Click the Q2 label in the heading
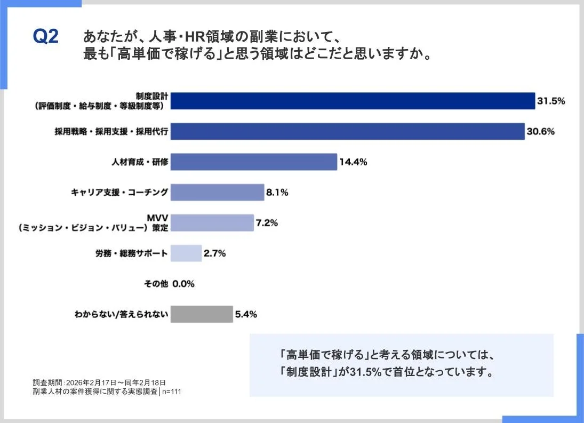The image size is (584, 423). (45, 37)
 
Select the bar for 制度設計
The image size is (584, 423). (353, 101)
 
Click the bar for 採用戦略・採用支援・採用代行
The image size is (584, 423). (347, 131)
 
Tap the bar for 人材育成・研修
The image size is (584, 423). (253, 162)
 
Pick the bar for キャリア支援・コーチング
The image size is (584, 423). (217, 192)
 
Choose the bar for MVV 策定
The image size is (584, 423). (212, 222)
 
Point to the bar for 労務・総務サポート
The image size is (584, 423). (186, 253)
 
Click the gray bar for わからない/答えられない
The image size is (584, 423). (202, 314)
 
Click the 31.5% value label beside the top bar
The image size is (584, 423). (551, 101)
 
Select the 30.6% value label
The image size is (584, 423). (540, 131)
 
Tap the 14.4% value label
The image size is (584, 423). (353, 162)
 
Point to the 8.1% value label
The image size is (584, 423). (277, 193)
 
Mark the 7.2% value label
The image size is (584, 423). (267, 223)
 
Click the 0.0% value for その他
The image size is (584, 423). (183, 284)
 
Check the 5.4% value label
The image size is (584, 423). (246, 315)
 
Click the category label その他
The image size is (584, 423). (156, 284)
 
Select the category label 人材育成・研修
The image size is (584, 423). (140, 162)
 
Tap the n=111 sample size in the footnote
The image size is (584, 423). (171, 392)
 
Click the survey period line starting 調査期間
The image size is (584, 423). (99, 382)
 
